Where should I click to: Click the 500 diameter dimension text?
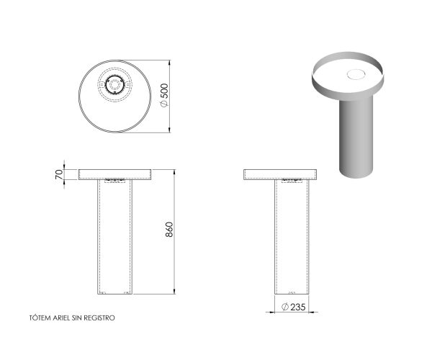[164, 91]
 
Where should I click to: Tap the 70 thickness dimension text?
[58, 174]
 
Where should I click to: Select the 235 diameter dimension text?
[296, 307]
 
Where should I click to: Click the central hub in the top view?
[114, 85]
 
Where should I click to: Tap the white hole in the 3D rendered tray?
[356, 73]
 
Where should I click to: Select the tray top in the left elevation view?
[114, 174]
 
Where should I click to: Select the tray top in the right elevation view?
[280, 174]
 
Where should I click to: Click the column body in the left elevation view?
[114, 238]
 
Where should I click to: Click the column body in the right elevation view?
[292, 238]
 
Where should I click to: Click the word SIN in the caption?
[79, 318]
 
